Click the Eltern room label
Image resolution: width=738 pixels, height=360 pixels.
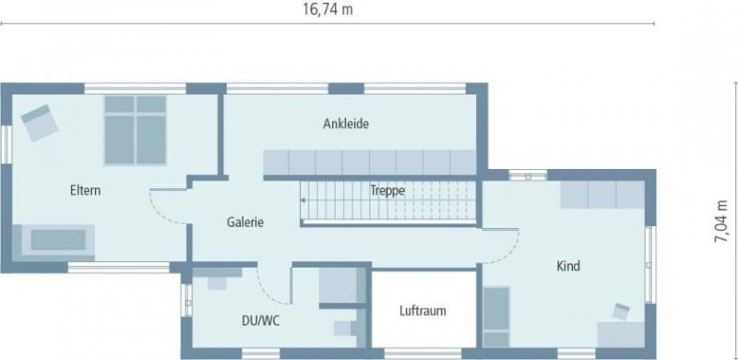(x=85, y=191)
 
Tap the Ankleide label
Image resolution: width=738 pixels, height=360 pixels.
(x=346, y=124)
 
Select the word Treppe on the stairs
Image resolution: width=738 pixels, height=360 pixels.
(x=387, y=191)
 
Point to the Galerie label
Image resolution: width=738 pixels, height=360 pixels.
(x=246, y=222)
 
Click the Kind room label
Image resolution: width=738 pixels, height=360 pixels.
(x=567, y=267)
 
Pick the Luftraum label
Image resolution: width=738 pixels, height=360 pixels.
(x=423, y=311)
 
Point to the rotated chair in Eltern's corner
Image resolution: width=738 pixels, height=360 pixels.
(x=38, y=122)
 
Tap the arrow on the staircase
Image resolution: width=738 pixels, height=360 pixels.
(x=304, y=198)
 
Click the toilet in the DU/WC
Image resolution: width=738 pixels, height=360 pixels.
(x=344, y=329)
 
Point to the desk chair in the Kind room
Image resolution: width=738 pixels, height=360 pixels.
(x=620, y=311)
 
